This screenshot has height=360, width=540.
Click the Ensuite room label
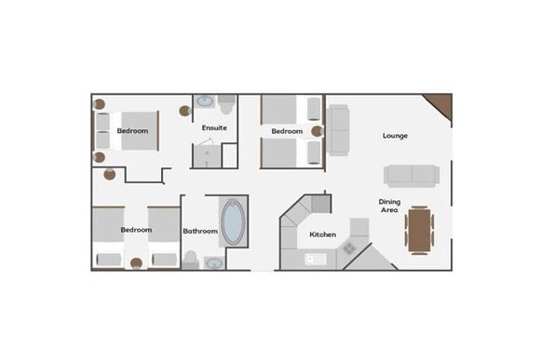[x=214, y=127]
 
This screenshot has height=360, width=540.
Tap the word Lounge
[x=395, y=136]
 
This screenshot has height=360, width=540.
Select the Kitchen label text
[x=323, y=234]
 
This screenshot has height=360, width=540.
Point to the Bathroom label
[x=200, y=231]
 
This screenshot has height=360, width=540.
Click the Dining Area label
[x=389, y=206]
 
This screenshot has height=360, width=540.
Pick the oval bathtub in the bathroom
[x=233, y=222]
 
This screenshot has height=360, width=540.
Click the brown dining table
[x=419, y=231]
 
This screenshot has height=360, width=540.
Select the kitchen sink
[x=316, y=260]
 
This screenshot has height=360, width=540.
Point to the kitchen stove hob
[x=348, y=247]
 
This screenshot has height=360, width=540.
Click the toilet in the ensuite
[x=226, y=105]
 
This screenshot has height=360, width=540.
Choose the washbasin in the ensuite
[x=205, y=101]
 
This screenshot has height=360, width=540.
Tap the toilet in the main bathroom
[x=191, y=260]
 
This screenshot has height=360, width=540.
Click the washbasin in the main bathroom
[x=214, y=263]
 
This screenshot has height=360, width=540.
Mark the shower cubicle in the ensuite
[x=207, y=155]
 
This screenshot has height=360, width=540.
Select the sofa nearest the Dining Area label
[x=412, y=176]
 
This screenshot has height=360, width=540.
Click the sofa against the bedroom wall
[x=338, y=130]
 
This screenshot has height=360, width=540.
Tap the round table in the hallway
[x=110, y=175]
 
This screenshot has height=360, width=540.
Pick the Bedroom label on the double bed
[x=132, y=131]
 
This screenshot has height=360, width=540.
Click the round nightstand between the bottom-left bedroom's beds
[x=136, y=263]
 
